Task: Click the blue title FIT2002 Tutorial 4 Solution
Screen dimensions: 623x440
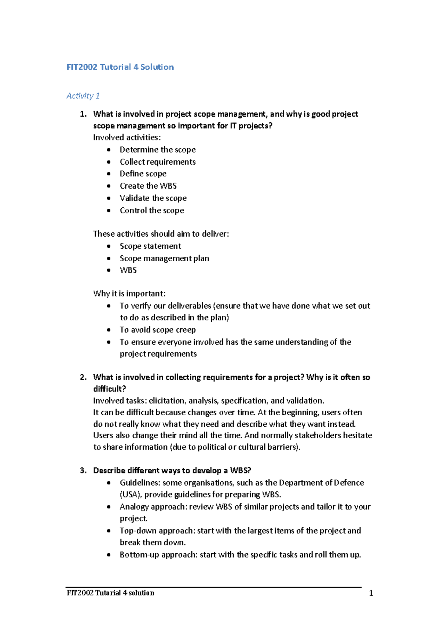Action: click(120, 67)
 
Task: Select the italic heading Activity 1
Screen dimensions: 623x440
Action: click(83, 96)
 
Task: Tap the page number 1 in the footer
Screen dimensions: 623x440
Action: click(371, 593)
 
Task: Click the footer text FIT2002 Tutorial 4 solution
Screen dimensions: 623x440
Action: click(110, 593)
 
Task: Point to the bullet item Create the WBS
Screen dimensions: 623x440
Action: click(148, 186)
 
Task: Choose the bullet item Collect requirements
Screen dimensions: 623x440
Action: click(158, 162)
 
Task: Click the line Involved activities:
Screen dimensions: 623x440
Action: click(127, 138)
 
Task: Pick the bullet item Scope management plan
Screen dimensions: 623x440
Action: click(164, 258)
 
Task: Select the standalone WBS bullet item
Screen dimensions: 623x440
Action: click(128, 270)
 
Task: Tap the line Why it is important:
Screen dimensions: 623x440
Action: click(129, 294)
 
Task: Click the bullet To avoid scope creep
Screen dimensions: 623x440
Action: click(158, 330)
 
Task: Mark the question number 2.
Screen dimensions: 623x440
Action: click(83, 377)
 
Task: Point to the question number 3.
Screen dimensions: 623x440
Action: click(83, 470)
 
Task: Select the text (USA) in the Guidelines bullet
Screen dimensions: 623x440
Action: click(131, 495)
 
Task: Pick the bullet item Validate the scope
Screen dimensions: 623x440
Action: click(153, 198)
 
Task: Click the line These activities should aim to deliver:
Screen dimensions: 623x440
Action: click(161, 234)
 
